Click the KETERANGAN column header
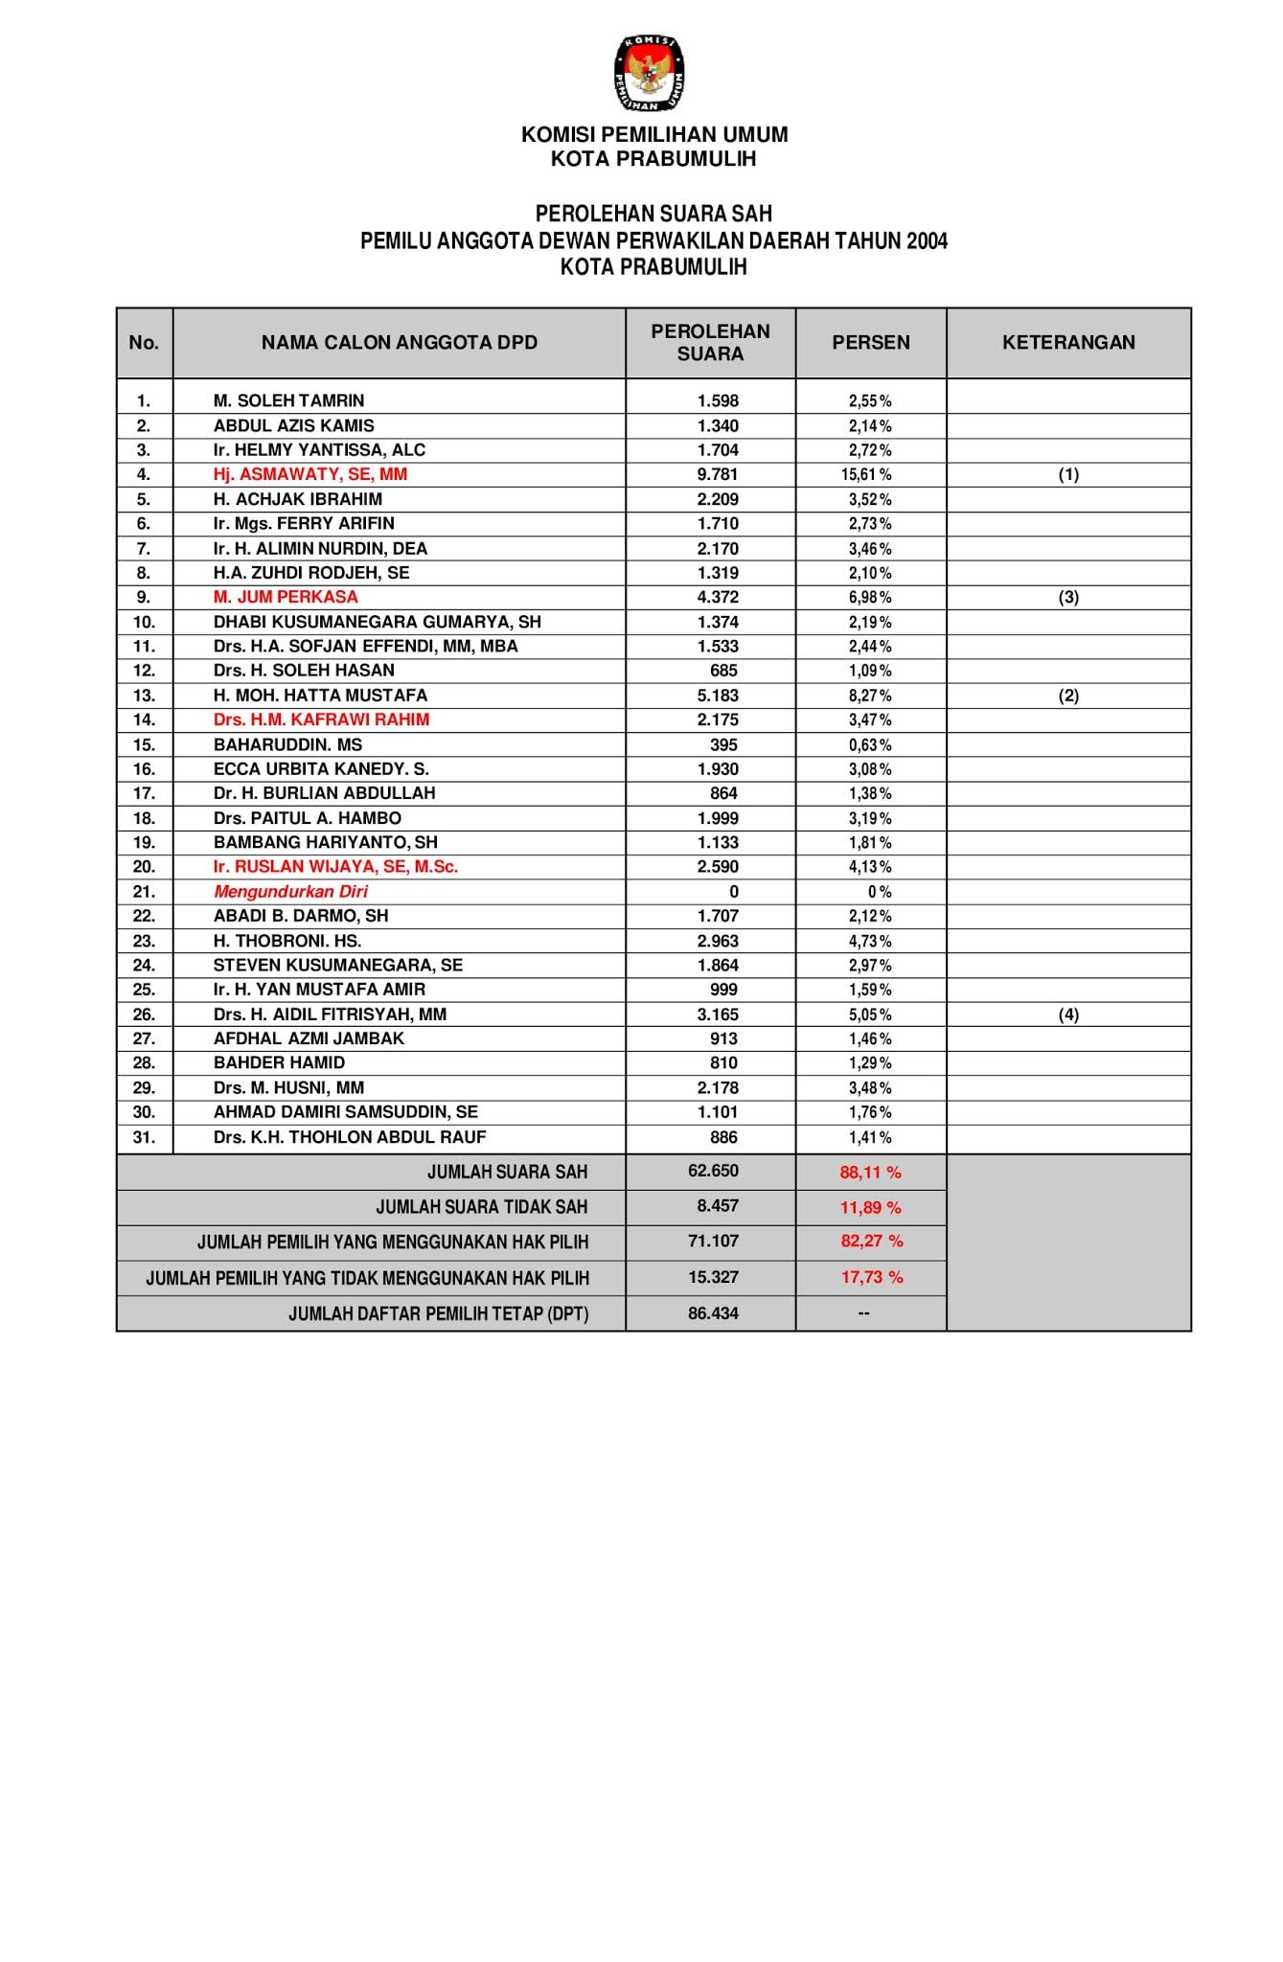click(1068, 343)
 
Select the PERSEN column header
click(871, 343)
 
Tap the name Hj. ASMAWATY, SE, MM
click(309, 474)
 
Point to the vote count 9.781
click(718, 474)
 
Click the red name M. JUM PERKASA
click(286, 597)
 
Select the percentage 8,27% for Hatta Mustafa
click(870, 696)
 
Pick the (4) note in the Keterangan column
click(1068, 1015)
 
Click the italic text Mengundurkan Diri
click(290, 892)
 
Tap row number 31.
click(144, 1137)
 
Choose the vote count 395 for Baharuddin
click(723, 745)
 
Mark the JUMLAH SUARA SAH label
click(507, 1172)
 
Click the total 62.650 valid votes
click(713, 1171)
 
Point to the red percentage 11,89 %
click(871, 1207)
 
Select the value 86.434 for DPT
click(713, 1313)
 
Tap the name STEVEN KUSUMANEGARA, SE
click(337, 966)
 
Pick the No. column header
click(144, 343)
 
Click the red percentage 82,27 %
click(871, 1242)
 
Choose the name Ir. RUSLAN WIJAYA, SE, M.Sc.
click(335, 867)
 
